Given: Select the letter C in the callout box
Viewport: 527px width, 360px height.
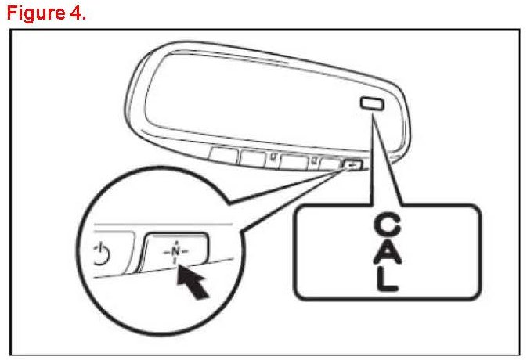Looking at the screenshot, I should pyautogui.click(x=387, y=227).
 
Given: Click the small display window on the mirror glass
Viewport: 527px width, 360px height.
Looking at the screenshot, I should pyautogui.click(x=370, y=102).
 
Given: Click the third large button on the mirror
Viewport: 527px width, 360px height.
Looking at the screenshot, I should pyautogui.click(x=293, y=162).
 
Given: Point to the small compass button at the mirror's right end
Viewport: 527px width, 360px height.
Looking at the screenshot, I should pyautogui.click(x=353, y=165).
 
